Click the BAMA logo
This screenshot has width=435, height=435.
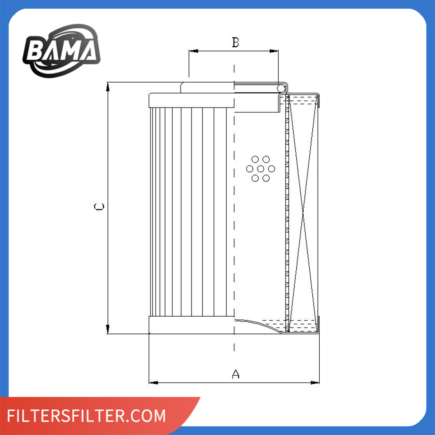[x=61, y=50]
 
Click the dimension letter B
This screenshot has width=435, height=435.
[x=235, y=43]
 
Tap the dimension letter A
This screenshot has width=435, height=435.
[x=235, y=374]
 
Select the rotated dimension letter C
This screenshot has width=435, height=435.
[x=100, y=207]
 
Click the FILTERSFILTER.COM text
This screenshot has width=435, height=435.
[x=87, y=415]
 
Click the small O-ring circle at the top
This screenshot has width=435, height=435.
[x=281, y=89]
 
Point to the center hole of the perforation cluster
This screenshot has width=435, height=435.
[x=260, y=168]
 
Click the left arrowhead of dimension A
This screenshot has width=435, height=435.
[x=152, y=383]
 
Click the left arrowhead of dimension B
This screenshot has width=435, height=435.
[x=192, y=51]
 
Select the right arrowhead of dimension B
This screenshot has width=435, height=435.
[x=275, y=51]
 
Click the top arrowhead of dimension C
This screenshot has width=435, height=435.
[x=108, y=86]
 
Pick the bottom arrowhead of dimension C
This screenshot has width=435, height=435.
[x=108, y=330]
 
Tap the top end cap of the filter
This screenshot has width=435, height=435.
[x=191, y=100]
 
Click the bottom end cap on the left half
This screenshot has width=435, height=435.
[x=191, y=325]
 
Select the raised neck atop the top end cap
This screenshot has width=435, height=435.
[x=207, y=87]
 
